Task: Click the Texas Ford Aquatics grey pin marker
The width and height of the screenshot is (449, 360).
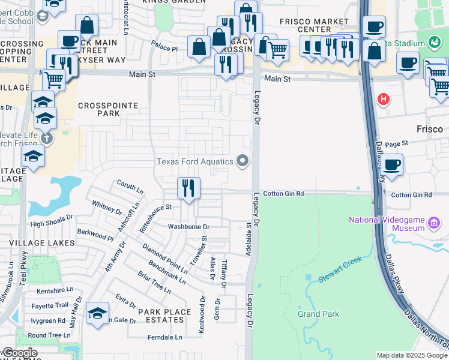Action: coord(243,160)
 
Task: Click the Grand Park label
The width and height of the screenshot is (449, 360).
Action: coord(319,314)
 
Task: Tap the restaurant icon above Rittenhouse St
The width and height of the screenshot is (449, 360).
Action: coord(188,188)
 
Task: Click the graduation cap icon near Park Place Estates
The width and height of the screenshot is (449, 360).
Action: coord(97,313)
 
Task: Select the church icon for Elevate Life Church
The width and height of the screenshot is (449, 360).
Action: coord(46,139)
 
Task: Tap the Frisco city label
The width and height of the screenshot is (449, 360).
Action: coord(430,129)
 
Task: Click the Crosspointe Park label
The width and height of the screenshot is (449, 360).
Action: coord(108,109)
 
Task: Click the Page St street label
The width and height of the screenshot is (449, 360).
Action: coord(396,144)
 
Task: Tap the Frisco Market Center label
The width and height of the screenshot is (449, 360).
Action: coord(314,26)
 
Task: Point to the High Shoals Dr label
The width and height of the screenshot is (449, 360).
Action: coord(51,224)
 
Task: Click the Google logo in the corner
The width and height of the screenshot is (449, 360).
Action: coord(20,353)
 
